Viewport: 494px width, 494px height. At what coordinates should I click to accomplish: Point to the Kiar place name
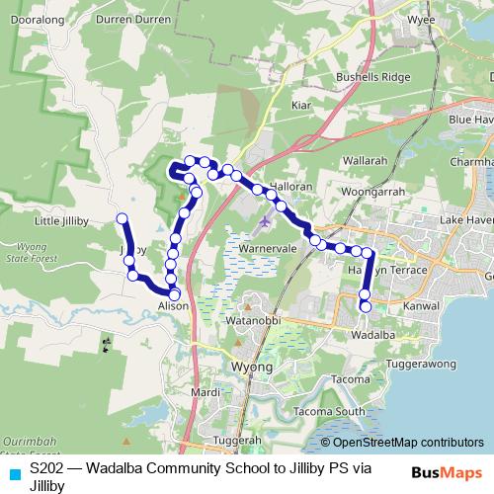[301, 102]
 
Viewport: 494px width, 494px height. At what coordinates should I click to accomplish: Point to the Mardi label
[206, 392]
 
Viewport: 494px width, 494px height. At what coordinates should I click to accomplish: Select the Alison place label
[174, 306]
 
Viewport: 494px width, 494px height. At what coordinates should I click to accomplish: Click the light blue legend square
[14, 474]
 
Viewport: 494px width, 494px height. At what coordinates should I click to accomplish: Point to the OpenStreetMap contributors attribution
[401, 444]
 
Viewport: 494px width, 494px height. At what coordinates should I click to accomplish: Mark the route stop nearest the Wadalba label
[365, 306]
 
